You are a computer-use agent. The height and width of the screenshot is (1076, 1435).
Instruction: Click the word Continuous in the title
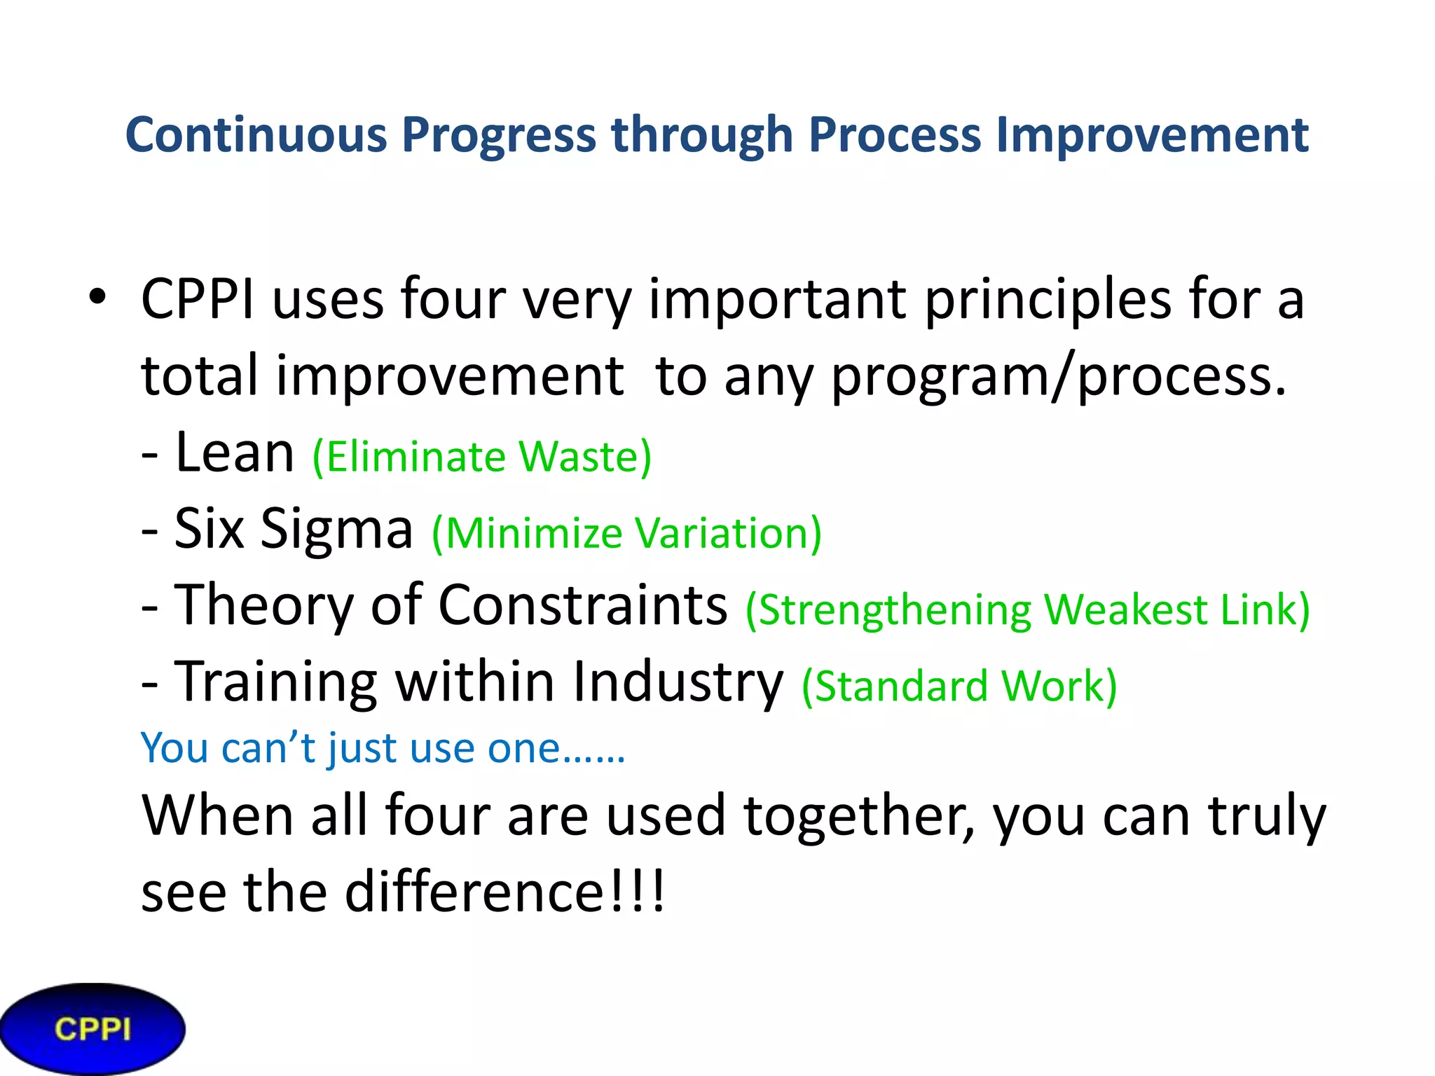[255, 134]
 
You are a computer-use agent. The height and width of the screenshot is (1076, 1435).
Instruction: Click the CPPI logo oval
[92, 1029]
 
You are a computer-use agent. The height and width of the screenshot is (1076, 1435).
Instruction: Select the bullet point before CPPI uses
[97, 298]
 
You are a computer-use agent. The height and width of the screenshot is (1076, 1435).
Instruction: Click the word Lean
[234, 453]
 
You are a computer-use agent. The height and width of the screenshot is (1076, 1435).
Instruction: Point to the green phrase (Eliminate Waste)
[482, 457]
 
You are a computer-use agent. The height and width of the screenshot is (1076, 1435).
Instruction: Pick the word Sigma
[336, 529]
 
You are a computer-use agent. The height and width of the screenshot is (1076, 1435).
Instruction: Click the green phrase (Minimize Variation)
[626, 534]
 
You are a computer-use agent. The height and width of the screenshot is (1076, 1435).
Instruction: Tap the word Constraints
[583, 605]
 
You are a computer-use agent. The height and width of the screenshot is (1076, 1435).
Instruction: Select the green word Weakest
[1125, 609]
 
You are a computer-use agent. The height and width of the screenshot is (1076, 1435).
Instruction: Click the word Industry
[678, 682]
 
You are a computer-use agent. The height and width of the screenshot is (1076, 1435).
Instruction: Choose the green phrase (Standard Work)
[959, 687]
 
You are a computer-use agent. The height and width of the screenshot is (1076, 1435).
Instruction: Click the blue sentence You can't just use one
[382, 748]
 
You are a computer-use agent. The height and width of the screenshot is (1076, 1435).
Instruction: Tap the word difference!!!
[504, 892]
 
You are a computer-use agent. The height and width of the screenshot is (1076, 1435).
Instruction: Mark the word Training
[275, 682]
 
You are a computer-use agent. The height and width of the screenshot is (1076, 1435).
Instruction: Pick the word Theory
[263, 605]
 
